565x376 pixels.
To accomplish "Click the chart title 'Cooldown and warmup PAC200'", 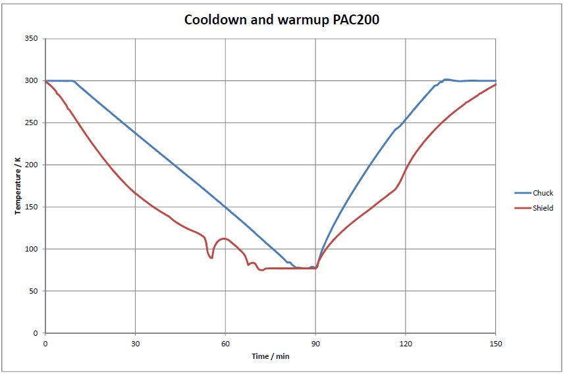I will click(x=281, y=20).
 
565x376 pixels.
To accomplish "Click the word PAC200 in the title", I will click(x=356, y=20).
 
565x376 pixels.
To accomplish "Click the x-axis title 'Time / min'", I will click(x=270, y=356).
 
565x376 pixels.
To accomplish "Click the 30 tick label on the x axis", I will click(x=135, y=344).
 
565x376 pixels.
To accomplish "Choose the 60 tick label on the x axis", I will click(x=225, y=344).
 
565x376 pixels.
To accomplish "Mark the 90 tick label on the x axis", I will click(x=315, y=344).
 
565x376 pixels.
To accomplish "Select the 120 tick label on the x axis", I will click(x=406, y=344).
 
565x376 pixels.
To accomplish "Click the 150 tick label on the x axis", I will click(x=496, y=344).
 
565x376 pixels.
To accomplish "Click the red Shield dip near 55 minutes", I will click(x=211, y=257).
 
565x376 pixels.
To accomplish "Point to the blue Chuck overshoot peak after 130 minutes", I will click(x=446, y=80).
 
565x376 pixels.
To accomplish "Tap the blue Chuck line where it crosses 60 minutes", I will click(x=225, y=207).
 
